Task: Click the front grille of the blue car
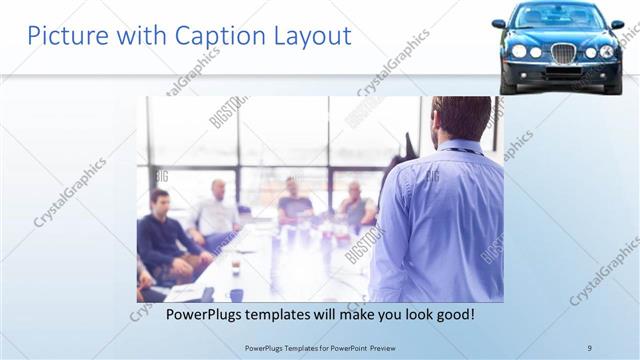click(x=563, y=52)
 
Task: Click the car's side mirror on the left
click(x=498, y=23)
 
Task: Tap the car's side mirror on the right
click(x=617, y=23)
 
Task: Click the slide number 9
click(x=589, y=347)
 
